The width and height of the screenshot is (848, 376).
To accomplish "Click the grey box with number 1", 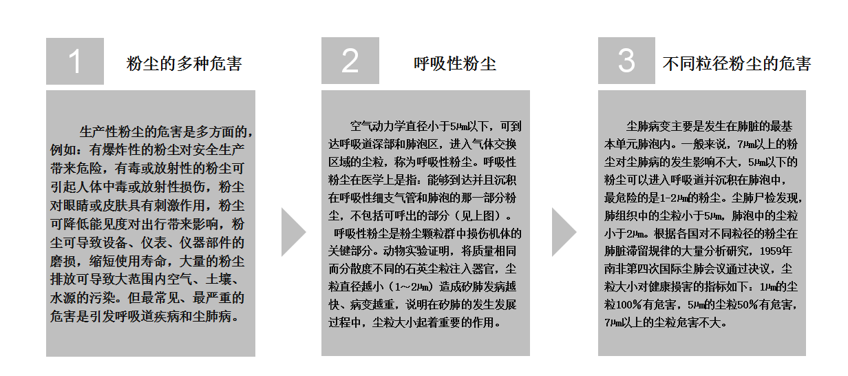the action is [75, 61].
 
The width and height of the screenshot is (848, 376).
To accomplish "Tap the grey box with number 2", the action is [350, 61].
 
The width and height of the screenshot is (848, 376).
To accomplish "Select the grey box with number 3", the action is [626, 61].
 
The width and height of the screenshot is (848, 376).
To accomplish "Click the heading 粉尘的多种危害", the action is [184, 63].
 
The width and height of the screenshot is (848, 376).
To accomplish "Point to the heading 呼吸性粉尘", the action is [455, 63].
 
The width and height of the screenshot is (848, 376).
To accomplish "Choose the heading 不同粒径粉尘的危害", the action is [736, 63].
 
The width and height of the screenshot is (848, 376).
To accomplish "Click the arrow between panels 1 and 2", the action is [293, 232].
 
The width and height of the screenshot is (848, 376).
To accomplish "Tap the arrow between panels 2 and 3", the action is [564, 232].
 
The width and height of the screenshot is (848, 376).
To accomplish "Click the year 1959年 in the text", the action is [776, 251].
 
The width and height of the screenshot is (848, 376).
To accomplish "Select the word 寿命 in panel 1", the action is [153, 261].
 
